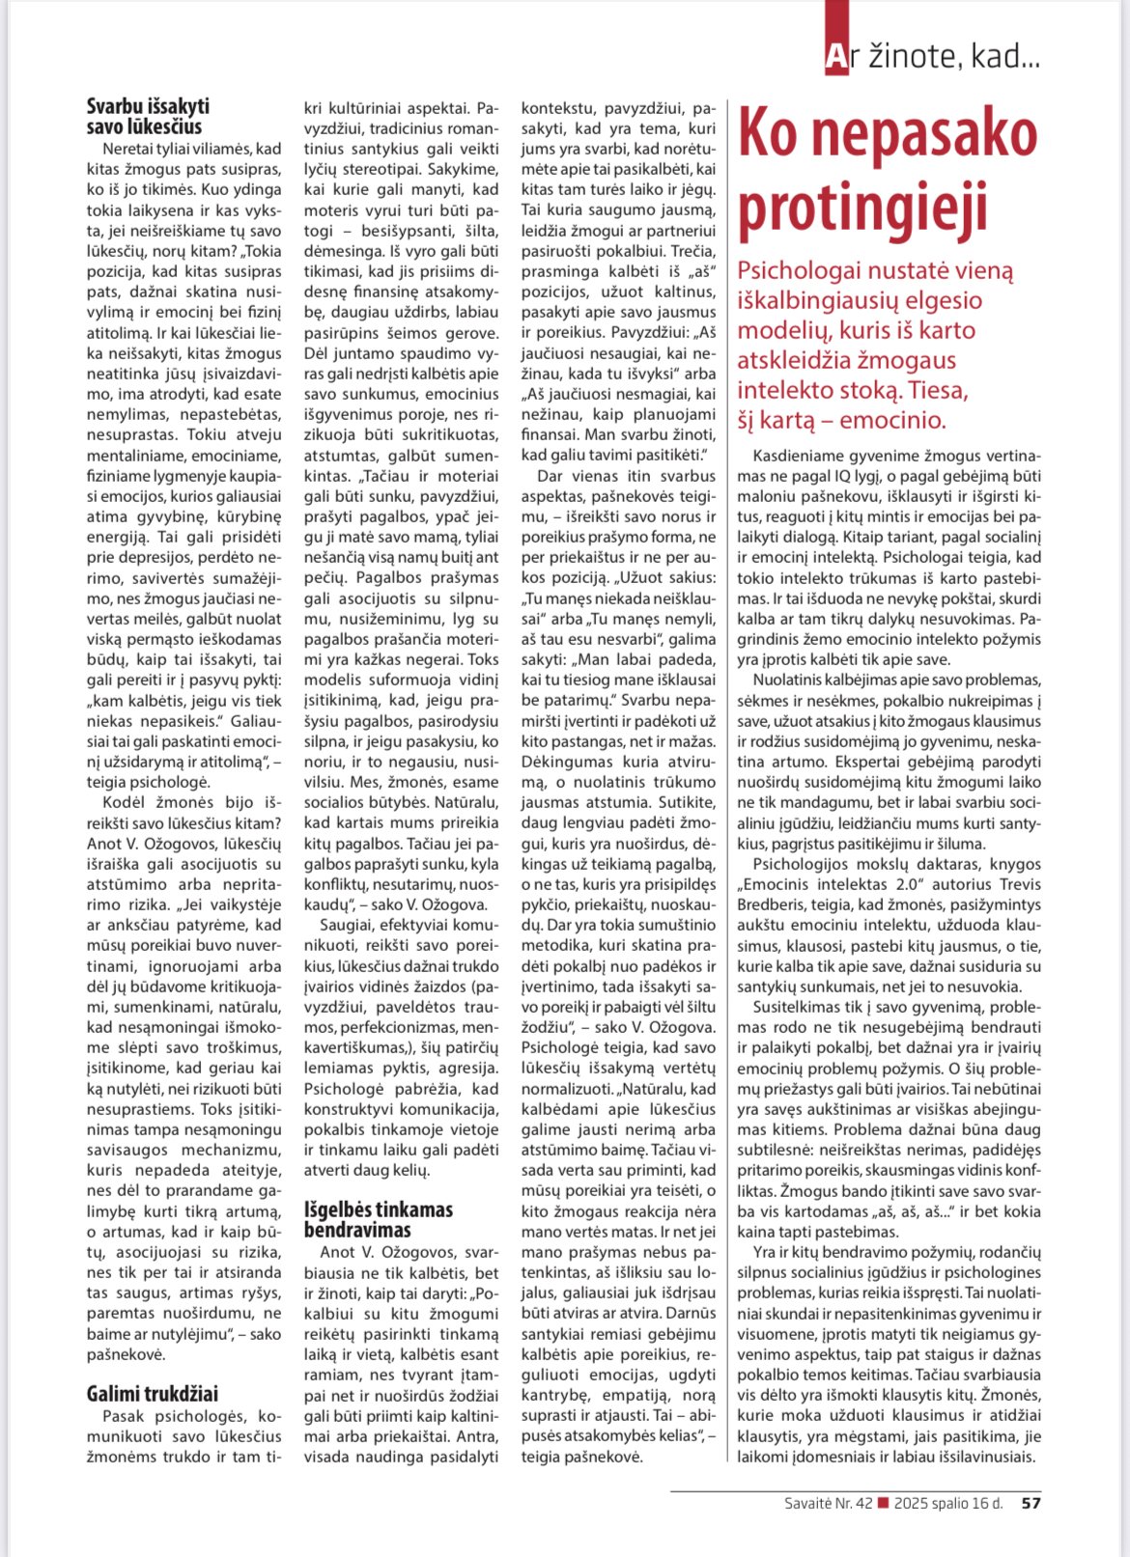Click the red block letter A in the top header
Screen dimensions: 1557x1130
(835, 59)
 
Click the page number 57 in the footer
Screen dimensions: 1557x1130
(1031, 1503)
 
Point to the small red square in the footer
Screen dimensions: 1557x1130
(883, 1503)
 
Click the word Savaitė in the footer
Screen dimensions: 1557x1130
(809, 1503)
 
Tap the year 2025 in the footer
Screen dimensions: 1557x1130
(913, 1503)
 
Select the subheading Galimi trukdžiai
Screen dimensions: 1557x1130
(153, 1393)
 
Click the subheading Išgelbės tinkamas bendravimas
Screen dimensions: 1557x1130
(379, 1219)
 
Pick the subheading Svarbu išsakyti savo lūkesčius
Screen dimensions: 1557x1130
(147, 117)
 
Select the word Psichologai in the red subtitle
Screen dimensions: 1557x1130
(798, 271)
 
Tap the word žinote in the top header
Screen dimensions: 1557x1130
(904, 58)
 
